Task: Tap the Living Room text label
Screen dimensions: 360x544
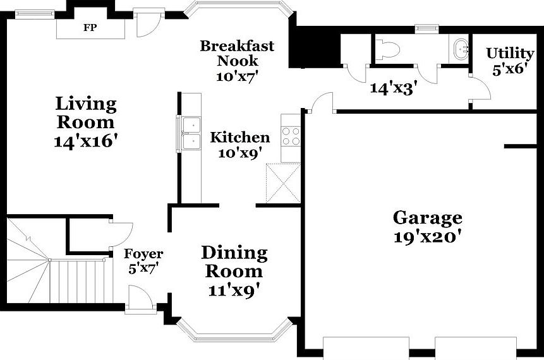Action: tap(86, 112)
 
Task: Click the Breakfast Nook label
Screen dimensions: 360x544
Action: tap(237, 53)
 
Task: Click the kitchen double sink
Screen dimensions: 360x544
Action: tap(190, 134)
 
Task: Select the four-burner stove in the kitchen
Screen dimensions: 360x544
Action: tap(291, 136)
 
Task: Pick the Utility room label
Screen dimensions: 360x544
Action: tap(509, 53)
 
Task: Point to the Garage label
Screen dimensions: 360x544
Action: tap(427, 219)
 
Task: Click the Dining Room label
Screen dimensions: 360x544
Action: tap(234, 262)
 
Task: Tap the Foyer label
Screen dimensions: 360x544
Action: tap(143, 254)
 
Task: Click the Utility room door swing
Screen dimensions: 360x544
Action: tap(480, 88)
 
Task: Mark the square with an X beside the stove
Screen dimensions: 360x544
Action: tap(282, 183)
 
